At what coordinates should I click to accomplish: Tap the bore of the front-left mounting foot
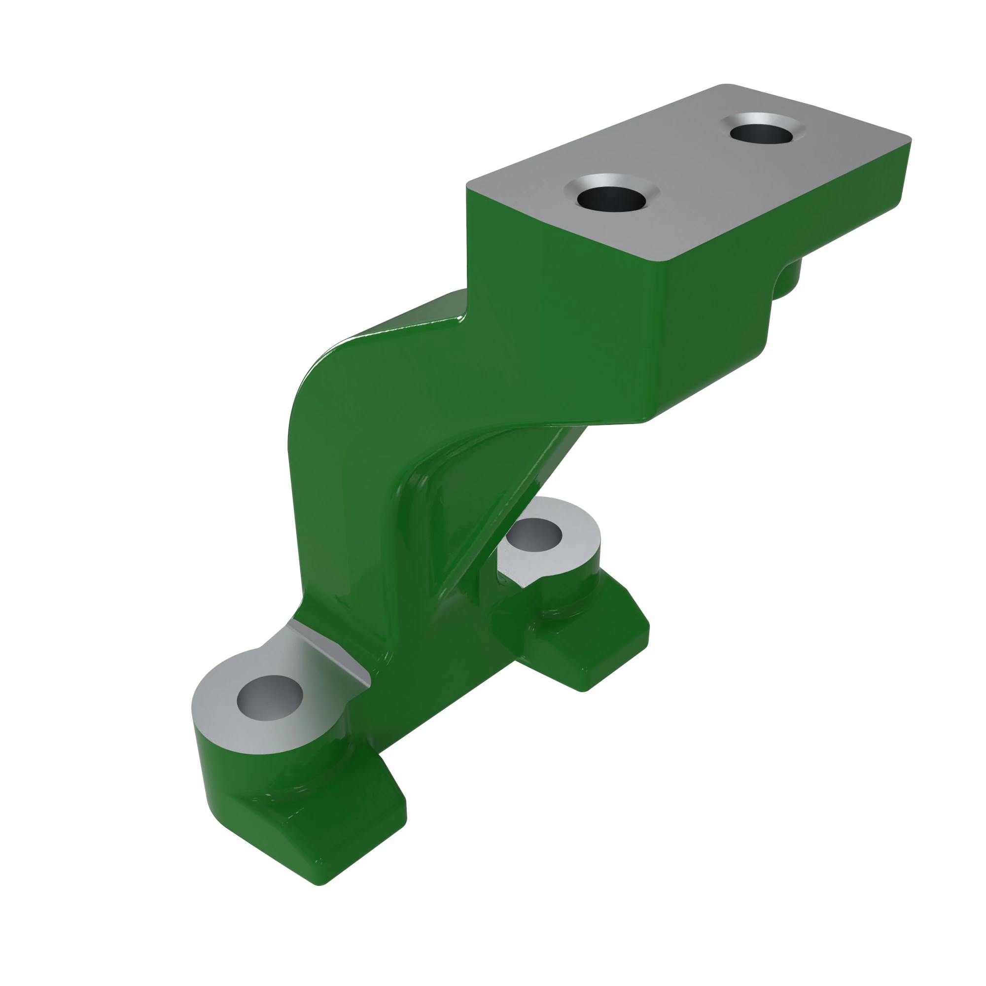coord(270,698)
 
